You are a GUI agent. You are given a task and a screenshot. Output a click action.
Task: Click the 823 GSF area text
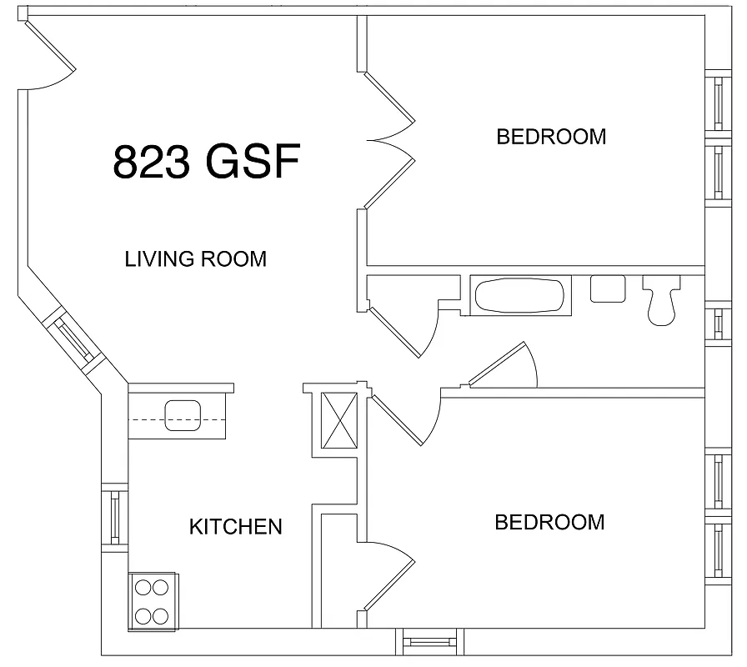pos(206,162)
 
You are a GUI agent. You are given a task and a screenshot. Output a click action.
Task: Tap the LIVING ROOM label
pos(196,258)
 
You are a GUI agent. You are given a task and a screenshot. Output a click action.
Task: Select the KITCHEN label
pos(236,527)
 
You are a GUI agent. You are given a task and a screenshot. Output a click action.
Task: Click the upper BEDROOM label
pos(551,136)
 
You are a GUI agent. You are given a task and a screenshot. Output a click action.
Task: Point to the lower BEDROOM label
pos(549,523)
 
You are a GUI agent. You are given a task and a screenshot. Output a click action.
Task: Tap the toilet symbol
pos(662,300)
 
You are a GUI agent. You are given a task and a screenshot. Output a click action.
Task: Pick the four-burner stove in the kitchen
pos(153,601)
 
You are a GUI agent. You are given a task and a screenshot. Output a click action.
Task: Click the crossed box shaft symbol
pos(341,419)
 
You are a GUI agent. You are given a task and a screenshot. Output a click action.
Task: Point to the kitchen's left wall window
pos(115,517)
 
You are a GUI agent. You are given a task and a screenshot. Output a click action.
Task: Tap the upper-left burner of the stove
pos(143,587)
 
